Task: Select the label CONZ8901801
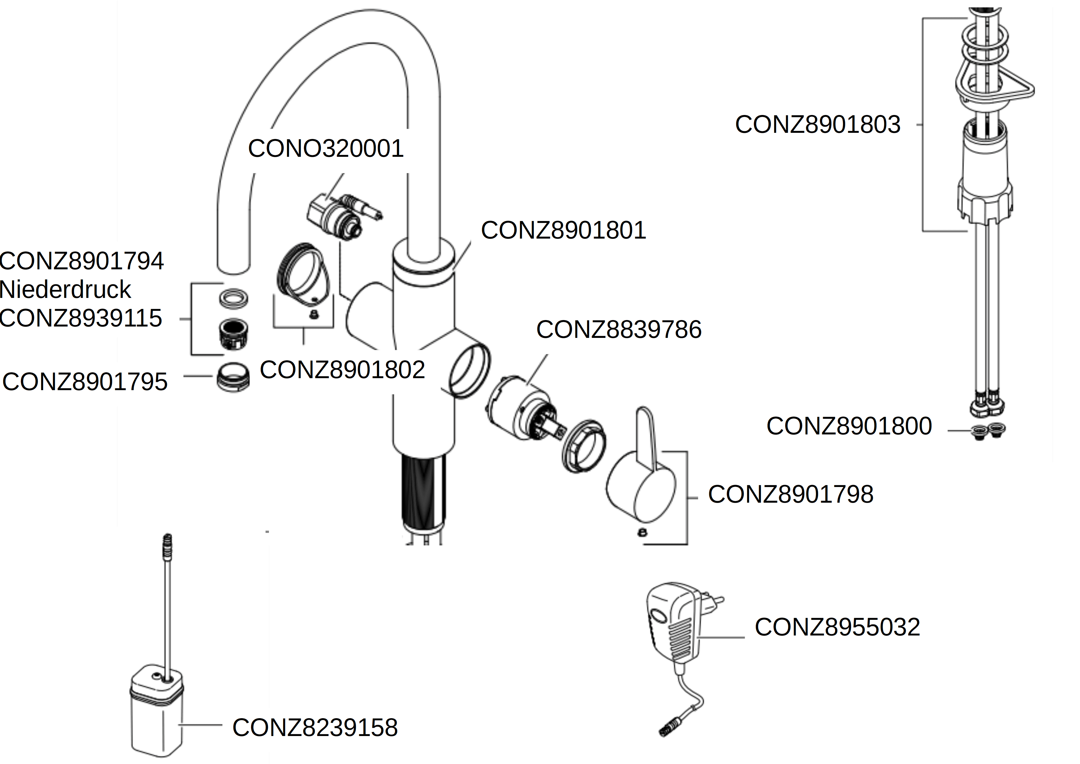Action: point(564,231)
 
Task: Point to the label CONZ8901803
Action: point(818,125)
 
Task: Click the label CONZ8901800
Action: point(849,426)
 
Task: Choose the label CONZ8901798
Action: point(791,494)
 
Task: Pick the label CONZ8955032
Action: point(838,627)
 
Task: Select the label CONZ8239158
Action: point(315,728)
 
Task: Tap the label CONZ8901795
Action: point(85,382)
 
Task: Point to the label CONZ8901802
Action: point(342,370)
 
